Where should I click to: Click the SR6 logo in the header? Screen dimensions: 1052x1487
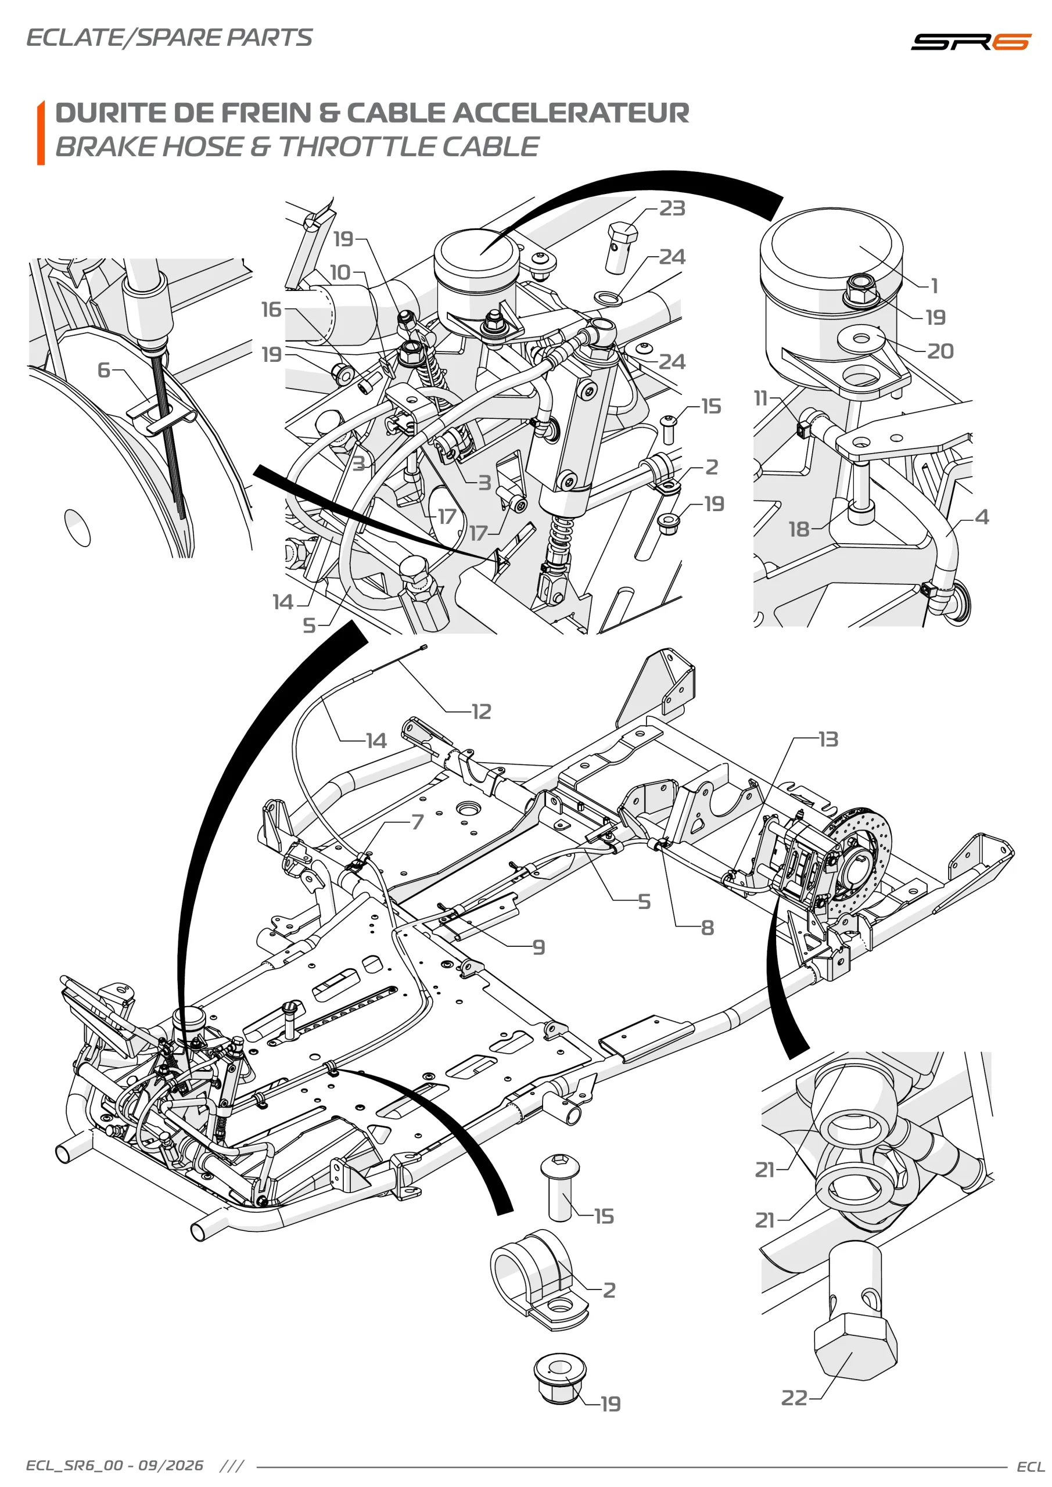(x=970, y=42)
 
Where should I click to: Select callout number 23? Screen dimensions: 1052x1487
(x=673, y=209)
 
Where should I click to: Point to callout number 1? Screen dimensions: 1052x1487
(x=934, y=286)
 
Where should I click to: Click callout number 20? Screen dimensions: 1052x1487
(x=940, y=351)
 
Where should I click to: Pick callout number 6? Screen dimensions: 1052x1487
(x=103, y=370)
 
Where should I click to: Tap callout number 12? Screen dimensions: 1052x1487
(x=482, y=712)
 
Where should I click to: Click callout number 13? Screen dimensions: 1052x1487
(x=828, y=739)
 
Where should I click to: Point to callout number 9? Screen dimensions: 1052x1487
(x=539, y=947)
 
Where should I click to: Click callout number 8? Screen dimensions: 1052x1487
(x=708, y=928)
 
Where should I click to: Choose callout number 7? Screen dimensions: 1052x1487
(x=418, y=822)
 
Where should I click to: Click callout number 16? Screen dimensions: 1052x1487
(x=271, y=310)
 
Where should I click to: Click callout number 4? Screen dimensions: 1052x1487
(x=982, y=517)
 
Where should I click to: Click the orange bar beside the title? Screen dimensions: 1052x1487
(x=41, y=133)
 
